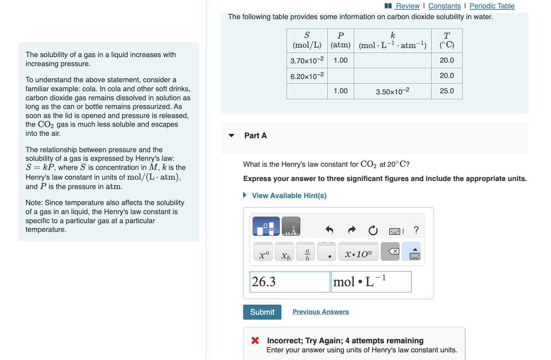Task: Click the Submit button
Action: click(x=262, y=312)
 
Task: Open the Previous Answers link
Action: click(x=320, y=312)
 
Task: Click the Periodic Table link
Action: click(x=492, y=6)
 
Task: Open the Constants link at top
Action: click(x=444, y=6)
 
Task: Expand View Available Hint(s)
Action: click(x=289, y=196)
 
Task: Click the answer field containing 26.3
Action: click(x=289, y=282)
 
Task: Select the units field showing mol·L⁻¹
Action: click(x=371, y=282)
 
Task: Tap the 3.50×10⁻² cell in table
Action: click(x=392, y=92)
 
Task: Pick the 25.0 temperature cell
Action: click(x=447, y=91)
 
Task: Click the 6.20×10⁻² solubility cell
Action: click(x=307, y=76)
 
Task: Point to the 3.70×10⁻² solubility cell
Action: click(x=307, y=60)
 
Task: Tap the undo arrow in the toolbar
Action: click(x=329, y=230)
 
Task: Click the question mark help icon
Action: click(x=416, y=230)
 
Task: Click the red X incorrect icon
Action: click(x=255, y=341)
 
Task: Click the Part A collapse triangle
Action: click(x=231, y=135)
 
